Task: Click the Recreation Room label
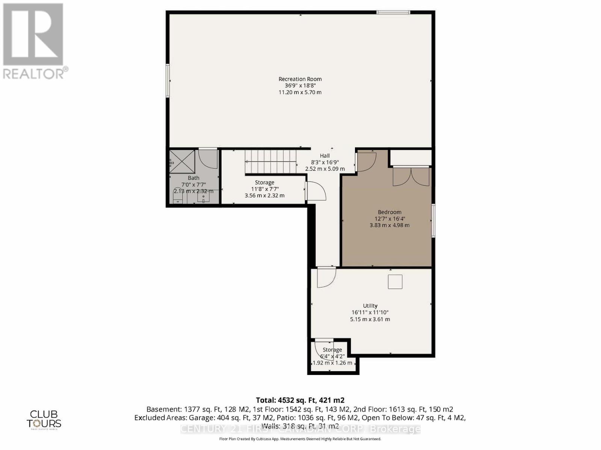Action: pos(300,79)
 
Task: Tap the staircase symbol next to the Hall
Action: pos(271,161)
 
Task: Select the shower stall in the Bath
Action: pos(182,161)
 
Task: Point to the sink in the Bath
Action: pos(203,198)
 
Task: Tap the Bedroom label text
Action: pos(390,212)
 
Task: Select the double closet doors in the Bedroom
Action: pos(411,177)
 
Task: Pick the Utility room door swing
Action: pos(326,277)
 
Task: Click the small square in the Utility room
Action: pos(395,281)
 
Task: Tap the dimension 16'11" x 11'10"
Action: pos(370,312)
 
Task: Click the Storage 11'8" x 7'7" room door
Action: pos(316,191)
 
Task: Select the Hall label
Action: pos(325,156)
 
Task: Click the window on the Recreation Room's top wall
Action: pos(393,12)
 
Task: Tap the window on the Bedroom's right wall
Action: pos(433,220)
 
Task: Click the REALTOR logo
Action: pos(35,41)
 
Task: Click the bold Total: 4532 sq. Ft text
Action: pos(300,400)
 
